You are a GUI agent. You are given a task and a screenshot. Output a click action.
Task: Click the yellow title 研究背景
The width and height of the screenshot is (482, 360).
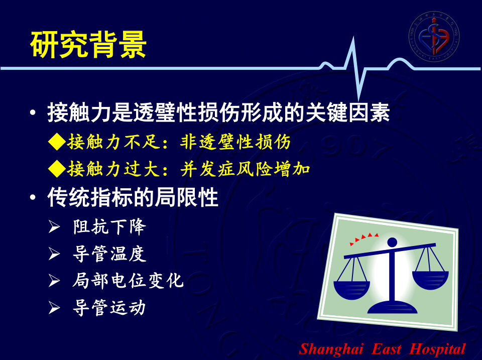click(88, 45)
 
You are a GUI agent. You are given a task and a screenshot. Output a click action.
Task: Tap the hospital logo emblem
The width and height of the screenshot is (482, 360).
click(434, 36)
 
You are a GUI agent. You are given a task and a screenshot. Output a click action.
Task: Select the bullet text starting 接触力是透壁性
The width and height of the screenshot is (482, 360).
click(218, 112)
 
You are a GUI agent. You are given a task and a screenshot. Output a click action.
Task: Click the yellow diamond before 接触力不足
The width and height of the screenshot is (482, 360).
click(57, 142)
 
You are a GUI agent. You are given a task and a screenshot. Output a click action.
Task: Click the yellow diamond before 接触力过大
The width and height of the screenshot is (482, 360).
click(57, 169)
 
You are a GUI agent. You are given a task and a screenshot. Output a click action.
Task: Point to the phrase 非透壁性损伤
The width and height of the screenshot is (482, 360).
click(235, 142)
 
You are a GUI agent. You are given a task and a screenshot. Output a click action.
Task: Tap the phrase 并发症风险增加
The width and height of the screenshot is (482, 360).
click(245, 169)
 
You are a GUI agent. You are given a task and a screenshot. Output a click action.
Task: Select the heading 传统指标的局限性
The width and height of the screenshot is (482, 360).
click(133, 197)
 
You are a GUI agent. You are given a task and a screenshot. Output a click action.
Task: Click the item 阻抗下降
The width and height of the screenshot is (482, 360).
click(109, 227)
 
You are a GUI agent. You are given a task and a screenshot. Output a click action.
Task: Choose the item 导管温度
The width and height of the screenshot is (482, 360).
click(109, 254)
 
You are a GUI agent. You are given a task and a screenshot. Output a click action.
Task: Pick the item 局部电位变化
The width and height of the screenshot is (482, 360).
click(128, 281)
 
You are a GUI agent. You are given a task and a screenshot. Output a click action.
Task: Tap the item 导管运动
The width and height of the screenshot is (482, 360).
click(109, 308)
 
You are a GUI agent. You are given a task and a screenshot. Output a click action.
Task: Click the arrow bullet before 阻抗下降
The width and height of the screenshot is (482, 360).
click(54, 227)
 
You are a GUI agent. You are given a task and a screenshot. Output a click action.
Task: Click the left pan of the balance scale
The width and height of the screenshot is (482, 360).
click(352, 290)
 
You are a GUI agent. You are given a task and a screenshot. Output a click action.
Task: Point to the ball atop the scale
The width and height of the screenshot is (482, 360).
click(392, 242)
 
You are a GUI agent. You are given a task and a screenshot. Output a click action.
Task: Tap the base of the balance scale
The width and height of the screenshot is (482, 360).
click(392, 307)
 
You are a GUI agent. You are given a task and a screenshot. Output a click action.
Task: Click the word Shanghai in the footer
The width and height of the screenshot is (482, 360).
click(331, 349)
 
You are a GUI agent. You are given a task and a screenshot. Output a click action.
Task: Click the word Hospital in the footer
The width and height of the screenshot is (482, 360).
click(437, 349)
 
